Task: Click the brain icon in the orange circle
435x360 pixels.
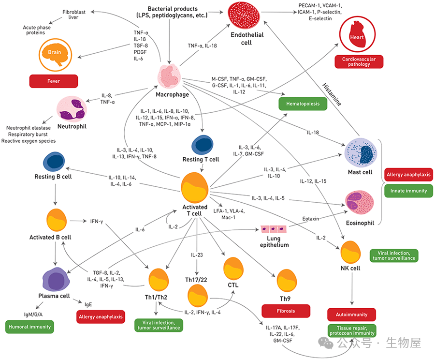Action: [54, 53]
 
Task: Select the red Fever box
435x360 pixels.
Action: [54, 81]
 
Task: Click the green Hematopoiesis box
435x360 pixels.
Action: [299, 103]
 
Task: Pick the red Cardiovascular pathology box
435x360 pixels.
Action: [359, 61]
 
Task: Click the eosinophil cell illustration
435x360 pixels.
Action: [360, 201]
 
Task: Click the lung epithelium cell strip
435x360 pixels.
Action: [276, 230]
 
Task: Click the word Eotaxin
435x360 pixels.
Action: [310, 219]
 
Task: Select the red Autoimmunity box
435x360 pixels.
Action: [351, 315]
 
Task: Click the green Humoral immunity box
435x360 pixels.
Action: [29, 327]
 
